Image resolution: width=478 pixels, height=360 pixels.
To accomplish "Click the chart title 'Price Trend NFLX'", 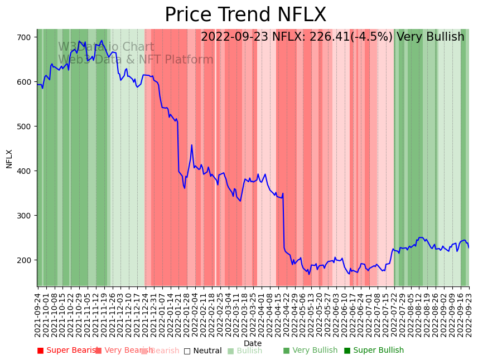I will coord(245,15).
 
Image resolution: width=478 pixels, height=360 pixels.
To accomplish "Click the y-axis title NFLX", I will coord(9,158).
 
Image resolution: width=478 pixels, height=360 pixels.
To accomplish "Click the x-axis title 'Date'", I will coord(253,343).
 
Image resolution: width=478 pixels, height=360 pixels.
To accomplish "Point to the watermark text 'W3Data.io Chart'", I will coord(106,47).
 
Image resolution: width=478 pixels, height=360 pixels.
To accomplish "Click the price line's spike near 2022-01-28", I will coord(192,145).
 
